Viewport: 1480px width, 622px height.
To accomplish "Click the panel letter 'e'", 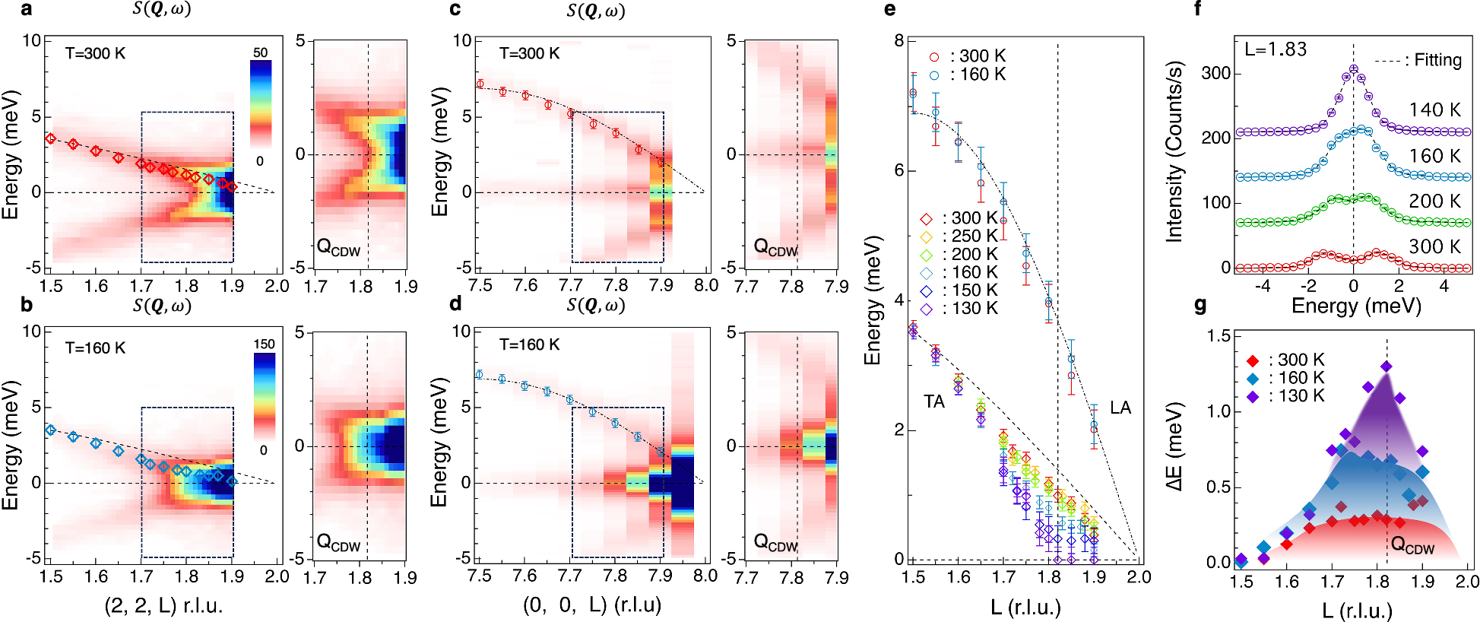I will [x=889, y=9].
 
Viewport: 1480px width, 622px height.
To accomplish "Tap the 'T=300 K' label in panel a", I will [x=95, y=53].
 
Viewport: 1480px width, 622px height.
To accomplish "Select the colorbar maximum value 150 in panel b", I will [x=264, y=344].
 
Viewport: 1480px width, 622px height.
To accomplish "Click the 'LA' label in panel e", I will [x=1120, y=408].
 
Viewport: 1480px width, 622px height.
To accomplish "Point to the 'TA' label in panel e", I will [x=934, y=401].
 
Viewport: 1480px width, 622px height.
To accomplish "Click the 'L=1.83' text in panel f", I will [x=1276, y=50].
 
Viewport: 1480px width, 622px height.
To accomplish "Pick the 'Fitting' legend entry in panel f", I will [x=1419, y=60].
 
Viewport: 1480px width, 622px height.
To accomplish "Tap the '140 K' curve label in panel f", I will [x=1434, y=110].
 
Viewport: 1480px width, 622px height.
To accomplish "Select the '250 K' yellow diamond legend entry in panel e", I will [x=962, y=236].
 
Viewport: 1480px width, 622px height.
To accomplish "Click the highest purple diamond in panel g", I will [x=1386, y=367].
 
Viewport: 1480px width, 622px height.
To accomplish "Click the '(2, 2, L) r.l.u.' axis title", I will [x=163, y=606].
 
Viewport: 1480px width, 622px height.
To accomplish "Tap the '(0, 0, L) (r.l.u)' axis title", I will [x=592, y=605].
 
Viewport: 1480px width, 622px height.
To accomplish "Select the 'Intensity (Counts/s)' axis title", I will [x=1175, y=152].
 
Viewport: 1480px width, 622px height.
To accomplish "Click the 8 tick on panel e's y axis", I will [x=898, y=40].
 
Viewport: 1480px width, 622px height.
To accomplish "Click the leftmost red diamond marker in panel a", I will [x=51, y=138].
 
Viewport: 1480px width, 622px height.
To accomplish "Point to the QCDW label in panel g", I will [x=1412, y=544].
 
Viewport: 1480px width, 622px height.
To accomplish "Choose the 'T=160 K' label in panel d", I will [x=529, y=344].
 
